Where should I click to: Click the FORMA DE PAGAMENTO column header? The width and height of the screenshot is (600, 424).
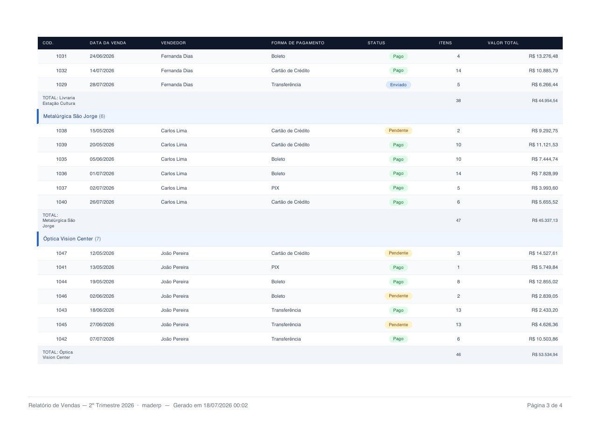297,43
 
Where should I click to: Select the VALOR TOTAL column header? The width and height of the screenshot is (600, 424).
503,43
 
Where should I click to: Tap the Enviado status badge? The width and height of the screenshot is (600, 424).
398,85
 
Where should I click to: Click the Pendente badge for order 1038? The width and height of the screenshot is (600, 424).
398,130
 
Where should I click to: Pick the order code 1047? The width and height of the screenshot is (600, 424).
62,253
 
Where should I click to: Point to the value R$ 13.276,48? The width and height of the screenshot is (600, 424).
543,56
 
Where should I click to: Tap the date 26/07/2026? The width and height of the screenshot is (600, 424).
102,202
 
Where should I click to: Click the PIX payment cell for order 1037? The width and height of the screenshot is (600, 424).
275,188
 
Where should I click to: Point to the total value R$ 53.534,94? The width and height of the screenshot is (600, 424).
545,355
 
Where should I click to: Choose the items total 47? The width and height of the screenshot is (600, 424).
458,220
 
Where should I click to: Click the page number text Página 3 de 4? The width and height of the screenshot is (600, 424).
545,405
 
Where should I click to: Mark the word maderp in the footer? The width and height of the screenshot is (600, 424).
152,405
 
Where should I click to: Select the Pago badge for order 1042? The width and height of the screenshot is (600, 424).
398,339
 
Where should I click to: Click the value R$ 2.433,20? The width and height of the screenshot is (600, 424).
545,310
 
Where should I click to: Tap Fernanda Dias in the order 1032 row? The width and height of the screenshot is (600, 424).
177,71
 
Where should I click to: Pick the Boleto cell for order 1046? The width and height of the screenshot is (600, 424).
278,296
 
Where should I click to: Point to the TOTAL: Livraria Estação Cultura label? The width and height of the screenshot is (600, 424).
59,101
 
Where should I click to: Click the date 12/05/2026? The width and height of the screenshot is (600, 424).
102,253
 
